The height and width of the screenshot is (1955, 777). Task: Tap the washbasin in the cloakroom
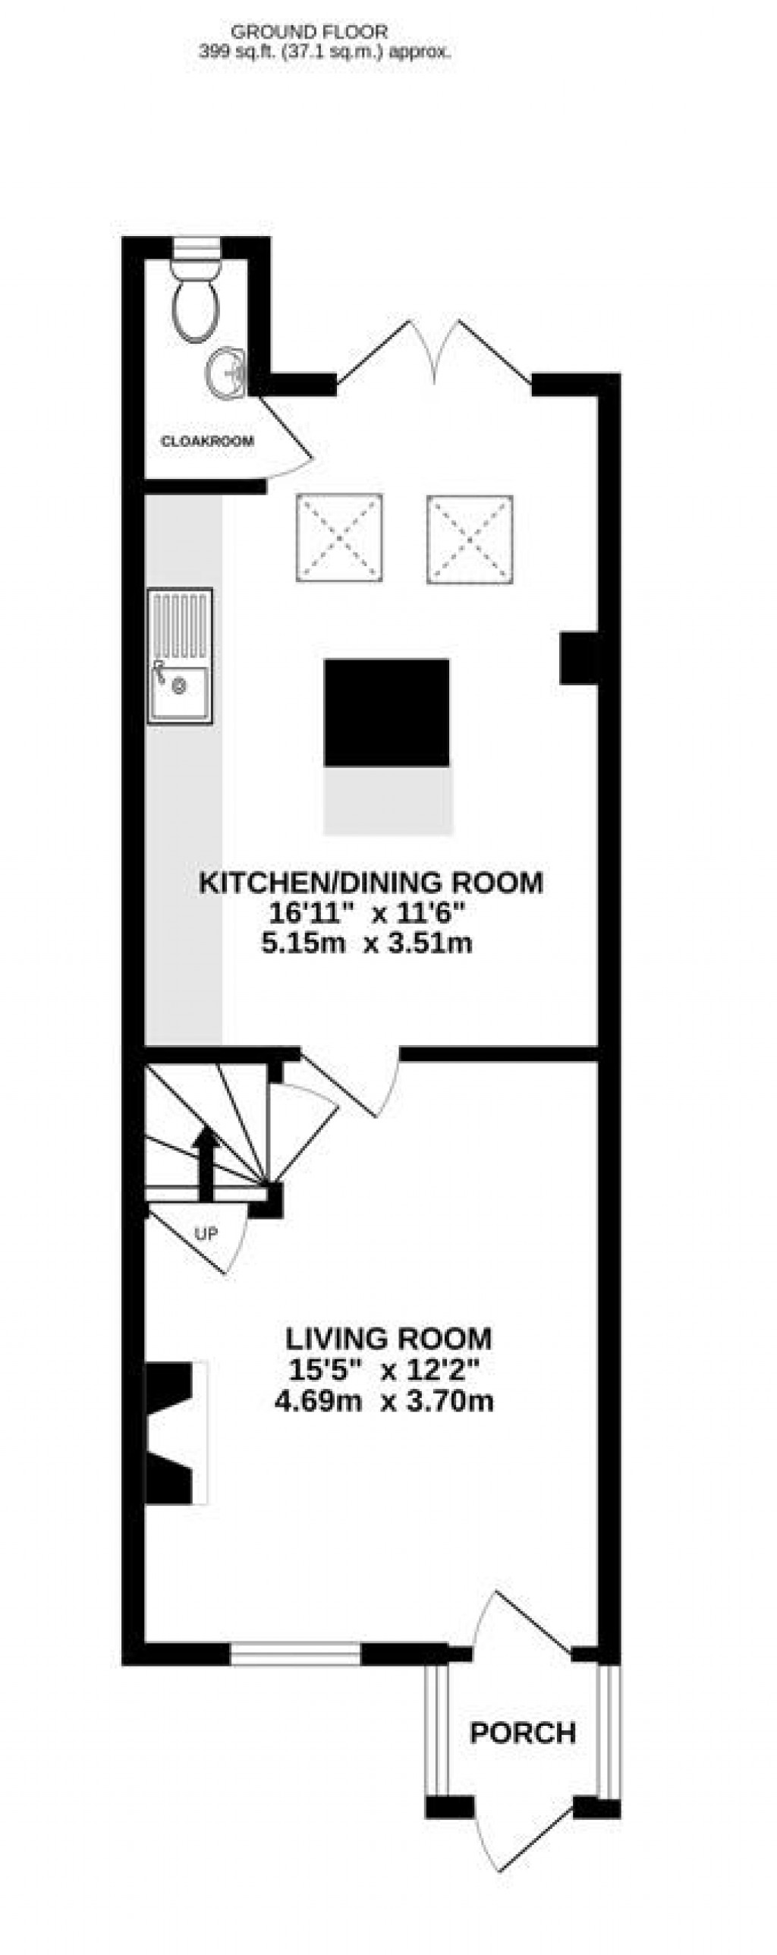(x=225, y=372)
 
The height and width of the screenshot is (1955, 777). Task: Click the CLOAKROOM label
(x=207, y=441)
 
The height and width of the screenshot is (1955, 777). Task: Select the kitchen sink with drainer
(x=180, y=657)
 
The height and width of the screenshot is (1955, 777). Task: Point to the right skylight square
(x=470, y=539)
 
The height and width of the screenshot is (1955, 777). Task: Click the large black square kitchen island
(x=386, y=713)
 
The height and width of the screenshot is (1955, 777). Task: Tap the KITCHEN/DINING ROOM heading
(x=371, y=883)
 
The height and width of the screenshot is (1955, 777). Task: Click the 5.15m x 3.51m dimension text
(x=367, y=943)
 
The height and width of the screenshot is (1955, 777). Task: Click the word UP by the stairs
(x=206, y=1234)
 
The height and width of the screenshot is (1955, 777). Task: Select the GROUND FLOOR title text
(x=309, y=32)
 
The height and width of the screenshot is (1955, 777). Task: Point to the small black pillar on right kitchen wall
(x=578, y=659)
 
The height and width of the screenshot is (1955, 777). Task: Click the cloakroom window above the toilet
(x=197, y=248)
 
